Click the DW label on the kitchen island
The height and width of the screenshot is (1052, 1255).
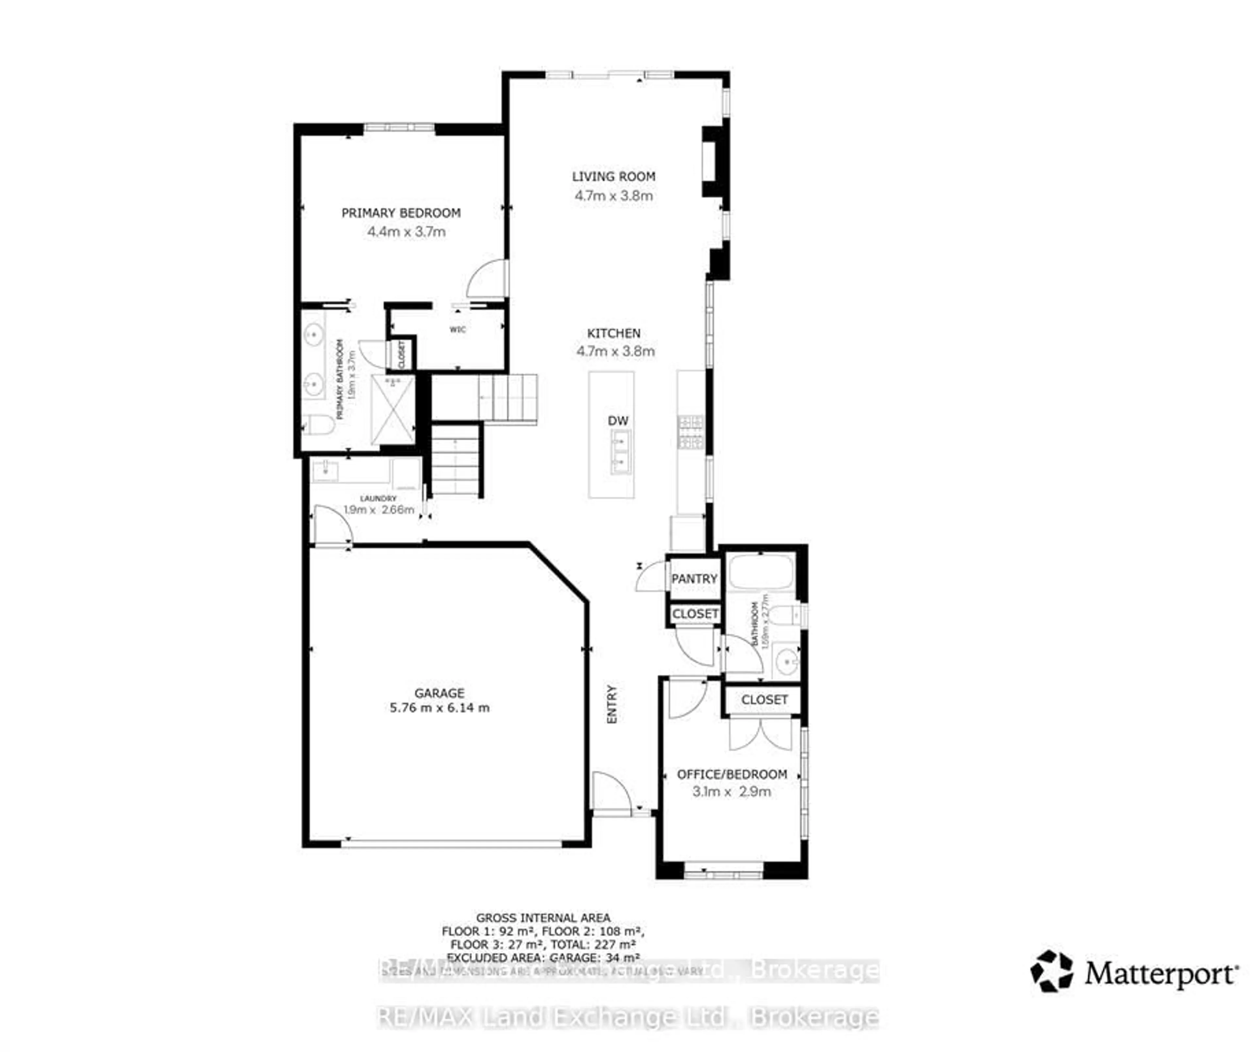618,420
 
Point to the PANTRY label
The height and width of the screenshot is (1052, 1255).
694,579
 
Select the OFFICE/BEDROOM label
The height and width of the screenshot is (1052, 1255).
731,774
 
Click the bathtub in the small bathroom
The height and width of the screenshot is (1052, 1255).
761,572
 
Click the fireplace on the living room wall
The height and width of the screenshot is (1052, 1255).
714,161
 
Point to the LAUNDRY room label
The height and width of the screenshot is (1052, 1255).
378,498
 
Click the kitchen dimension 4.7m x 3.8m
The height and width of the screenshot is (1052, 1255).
615,351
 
